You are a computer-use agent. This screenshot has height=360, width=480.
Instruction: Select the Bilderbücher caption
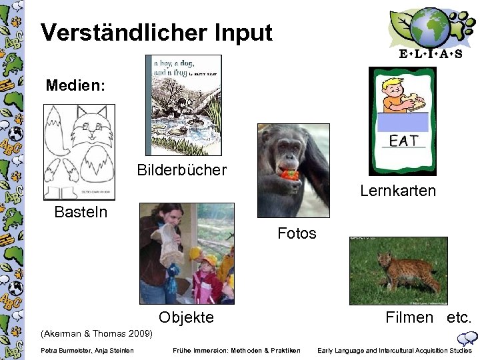point(182,169)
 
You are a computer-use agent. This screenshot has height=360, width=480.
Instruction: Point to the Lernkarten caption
point(398,191)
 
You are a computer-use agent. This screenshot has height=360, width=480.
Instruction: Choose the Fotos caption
point(297,233)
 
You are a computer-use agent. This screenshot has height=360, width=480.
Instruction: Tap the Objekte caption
point(186,317)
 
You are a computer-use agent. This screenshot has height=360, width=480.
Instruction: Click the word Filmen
point(409,317)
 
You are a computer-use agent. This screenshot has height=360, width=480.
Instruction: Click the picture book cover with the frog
point(183,105)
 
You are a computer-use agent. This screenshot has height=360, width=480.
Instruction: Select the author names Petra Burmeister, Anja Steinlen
point(87,351)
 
